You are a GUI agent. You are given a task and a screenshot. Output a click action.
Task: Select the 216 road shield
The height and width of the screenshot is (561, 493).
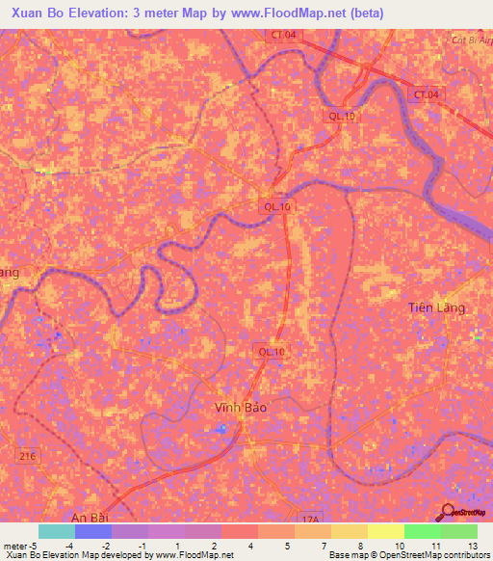point(26,456)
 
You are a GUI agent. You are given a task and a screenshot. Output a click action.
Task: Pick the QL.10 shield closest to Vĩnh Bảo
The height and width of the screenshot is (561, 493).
point(271,352)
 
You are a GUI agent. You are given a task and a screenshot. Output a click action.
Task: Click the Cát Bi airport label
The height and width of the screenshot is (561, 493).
point(471,40)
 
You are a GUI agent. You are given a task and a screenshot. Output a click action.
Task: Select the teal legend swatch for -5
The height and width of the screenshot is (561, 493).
point(57,531)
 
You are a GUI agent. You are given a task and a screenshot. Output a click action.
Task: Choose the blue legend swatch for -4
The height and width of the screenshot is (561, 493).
point(93,531)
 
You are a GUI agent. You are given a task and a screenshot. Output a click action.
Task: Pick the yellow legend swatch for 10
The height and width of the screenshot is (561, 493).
point(385,531)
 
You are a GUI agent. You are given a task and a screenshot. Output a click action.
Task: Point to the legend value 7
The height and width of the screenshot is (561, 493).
point(323,546)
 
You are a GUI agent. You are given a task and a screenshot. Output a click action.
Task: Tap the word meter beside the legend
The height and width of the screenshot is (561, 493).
point(16,546)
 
